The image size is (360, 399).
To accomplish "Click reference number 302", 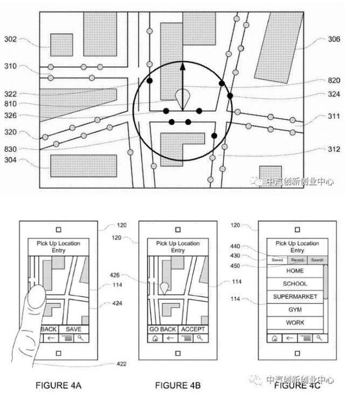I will [10, 39].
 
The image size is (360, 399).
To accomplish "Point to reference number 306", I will [334, 39].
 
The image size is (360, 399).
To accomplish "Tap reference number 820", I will [334, 80].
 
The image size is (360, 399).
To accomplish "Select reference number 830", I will [10, 149].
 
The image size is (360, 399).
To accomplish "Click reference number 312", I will [334, 149].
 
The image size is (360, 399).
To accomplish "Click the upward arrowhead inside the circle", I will [182, 66].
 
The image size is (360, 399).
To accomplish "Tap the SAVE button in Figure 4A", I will [74, 329].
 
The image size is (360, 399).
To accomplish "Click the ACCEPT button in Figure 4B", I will [193, 329].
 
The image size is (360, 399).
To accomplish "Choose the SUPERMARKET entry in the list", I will [295, 297].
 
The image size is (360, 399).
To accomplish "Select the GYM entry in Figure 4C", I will [295, 310].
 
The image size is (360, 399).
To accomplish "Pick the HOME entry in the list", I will [295, 271].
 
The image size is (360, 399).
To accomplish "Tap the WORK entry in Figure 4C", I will [295, 323].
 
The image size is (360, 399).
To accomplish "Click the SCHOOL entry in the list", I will [295, 284].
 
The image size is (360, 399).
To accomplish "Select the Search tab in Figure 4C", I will [317, 260].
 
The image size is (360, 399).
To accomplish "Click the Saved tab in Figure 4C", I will [277, 260].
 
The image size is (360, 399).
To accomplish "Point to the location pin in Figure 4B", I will [164, 287].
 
